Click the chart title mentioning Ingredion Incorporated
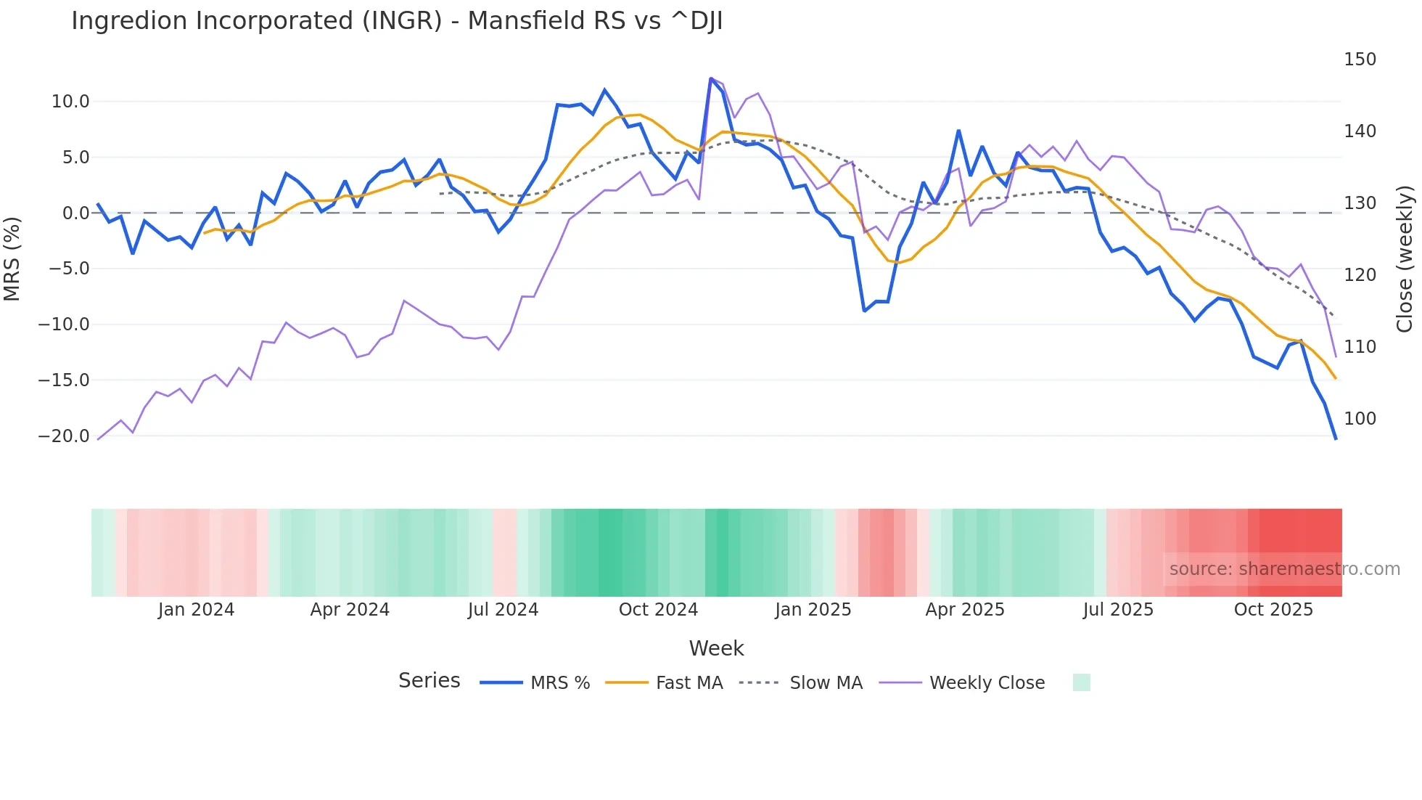tap(396, 21)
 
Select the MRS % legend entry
tap(559, 683)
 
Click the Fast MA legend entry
tap(689, 683)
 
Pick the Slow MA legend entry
tap(826, 683)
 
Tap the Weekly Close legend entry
tap(987, 683)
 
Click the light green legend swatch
tap(1081, 682)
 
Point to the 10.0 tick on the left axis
tap(70, 102)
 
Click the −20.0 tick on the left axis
tap(65, 436)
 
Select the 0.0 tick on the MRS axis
tap(75, 213)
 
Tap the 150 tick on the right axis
tap(1360, 60)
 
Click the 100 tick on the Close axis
tap(1360, 419)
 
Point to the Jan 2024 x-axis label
tap(196, 610)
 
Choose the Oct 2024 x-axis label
tap(658, 610)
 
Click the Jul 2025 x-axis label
tap(1118, 610)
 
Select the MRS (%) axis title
tap(12, 258)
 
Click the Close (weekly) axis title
tap(1405, 259)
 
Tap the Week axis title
tap(716, 648)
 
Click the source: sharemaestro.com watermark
tap(1284, 569)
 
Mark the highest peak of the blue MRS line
tap(711, 78)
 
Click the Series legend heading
tap(429, 681)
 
